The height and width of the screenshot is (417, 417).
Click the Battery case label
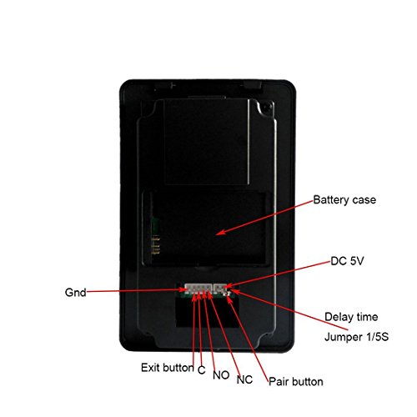344,200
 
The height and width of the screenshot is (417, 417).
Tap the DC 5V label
347,261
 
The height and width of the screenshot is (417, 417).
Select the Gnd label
75,293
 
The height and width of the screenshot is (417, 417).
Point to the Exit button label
168,368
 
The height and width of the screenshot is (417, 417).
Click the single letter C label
202,370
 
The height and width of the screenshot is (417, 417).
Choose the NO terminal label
221,375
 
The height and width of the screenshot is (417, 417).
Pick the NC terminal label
244,379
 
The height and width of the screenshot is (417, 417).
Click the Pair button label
296,382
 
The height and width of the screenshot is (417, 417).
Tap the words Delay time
351,317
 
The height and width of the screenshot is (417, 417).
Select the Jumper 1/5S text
356,337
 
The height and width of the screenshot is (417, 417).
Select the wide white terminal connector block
198,289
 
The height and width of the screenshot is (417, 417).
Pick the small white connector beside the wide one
220,289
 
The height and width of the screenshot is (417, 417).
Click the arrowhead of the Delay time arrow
233,291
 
